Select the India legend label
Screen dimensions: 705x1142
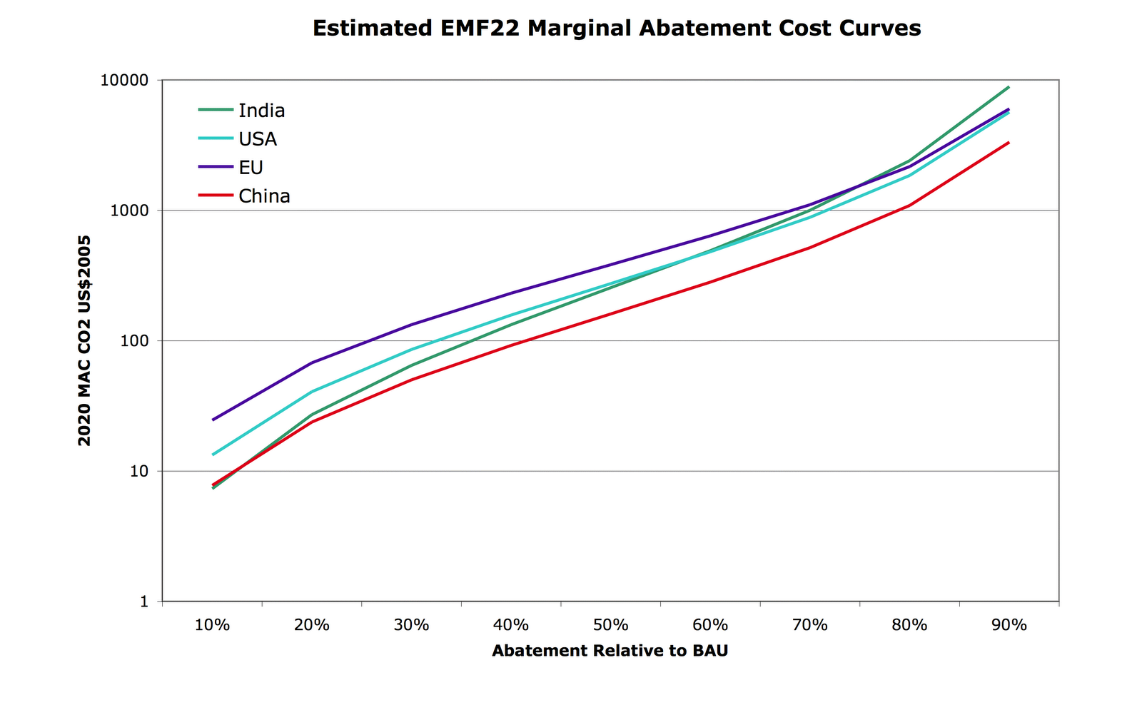(x=261, y=111)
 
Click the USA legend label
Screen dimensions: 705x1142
(x=258, y=139)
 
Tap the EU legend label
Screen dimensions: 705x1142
(x=251, y=168)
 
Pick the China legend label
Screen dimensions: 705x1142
(x=264, y=196)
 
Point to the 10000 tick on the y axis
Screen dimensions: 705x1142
(x=125, y=81)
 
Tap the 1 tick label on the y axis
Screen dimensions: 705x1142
(x=144, y=602)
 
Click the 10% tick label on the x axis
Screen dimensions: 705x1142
(x=212, y=626)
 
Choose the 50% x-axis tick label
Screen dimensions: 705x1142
(x=611, y=626)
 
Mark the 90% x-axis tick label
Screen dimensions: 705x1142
(x=1009, y=626)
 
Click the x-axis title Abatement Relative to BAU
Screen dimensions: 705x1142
(x=610, y=651)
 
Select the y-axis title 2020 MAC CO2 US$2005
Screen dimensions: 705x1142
(x=84, y=341)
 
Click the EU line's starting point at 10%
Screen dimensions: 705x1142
(x=213, y=420)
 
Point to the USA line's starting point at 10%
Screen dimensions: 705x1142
(x=213, y=455)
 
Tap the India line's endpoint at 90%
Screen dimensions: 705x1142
(x=1009, y=87)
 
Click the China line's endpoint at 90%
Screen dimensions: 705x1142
(x=1009, y=143)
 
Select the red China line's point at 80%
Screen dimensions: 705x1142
(x=909, y=206)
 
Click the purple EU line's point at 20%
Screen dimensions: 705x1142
(x=312, y=362)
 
